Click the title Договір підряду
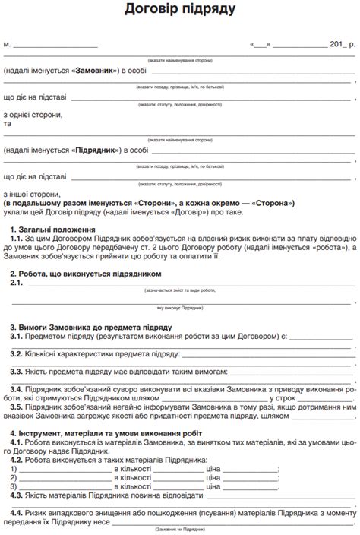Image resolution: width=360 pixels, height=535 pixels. coord(180,11)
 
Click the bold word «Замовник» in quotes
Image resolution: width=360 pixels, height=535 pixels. coord(95,71)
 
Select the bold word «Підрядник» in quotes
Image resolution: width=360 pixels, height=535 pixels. coord(97,150)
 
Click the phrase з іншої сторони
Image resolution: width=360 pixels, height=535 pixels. coord(32,194)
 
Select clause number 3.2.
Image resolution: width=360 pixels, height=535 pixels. coord(17,353)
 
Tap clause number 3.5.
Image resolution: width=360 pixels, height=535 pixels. coord(17,407)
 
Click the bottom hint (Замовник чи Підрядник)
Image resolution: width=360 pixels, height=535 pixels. coord(180,529)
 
